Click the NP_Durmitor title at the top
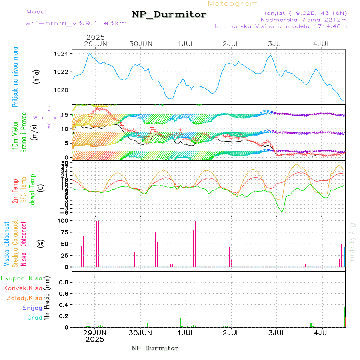point(169,15)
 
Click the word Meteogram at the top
point(233,4)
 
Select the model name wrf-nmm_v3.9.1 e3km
point(76,23)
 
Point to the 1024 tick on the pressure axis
point(64,54)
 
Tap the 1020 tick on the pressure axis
point(64,90)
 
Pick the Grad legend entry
point(35,318)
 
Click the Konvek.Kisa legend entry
point(22,288)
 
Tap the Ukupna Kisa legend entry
point(22,278)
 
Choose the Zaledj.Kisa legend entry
point(24,298)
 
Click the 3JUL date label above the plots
point(276,44)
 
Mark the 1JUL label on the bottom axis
point(186,332)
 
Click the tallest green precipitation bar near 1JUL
point(180,322)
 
